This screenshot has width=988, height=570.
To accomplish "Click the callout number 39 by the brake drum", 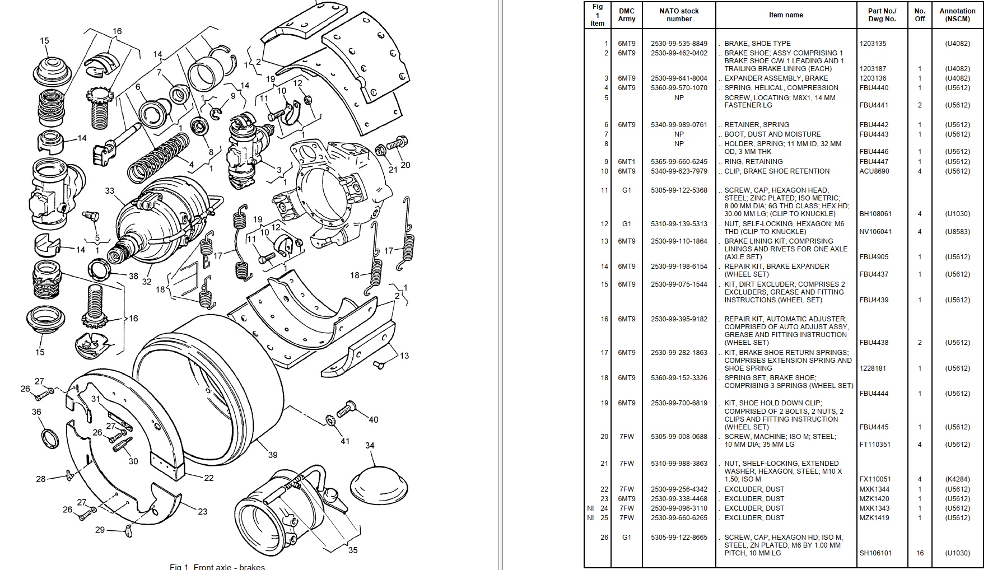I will pos(272,455).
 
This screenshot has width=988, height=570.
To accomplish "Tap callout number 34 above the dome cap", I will pos(370,446).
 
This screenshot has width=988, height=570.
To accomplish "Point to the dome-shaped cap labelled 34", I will pos(378,483).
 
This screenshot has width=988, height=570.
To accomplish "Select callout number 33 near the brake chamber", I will pos(110,191).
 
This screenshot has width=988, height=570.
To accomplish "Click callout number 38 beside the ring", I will pos(133,275).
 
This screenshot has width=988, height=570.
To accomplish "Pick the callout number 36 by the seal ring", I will pos(36,412).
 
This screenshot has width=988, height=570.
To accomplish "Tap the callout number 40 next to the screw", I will pos(373,419).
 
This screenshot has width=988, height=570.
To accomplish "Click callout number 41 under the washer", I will pos(345,441).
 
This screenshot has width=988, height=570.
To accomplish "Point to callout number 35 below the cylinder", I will pos(353,550).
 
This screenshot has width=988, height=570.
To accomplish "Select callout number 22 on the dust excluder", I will pos(208,478).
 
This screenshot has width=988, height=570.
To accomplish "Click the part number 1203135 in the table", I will pos(873,44).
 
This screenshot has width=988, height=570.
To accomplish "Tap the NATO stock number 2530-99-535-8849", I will pos(679,44).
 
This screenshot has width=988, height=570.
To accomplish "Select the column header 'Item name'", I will pos(786,15).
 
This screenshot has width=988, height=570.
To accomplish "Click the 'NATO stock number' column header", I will pos(679,15).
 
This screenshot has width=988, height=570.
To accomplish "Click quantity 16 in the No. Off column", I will pos(920,553).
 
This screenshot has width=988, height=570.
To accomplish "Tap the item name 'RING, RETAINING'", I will pos(753,162).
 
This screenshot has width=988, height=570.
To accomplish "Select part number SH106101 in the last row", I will pos(875,553).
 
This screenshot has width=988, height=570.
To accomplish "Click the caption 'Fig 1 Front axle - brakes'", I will pos(217,567).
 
